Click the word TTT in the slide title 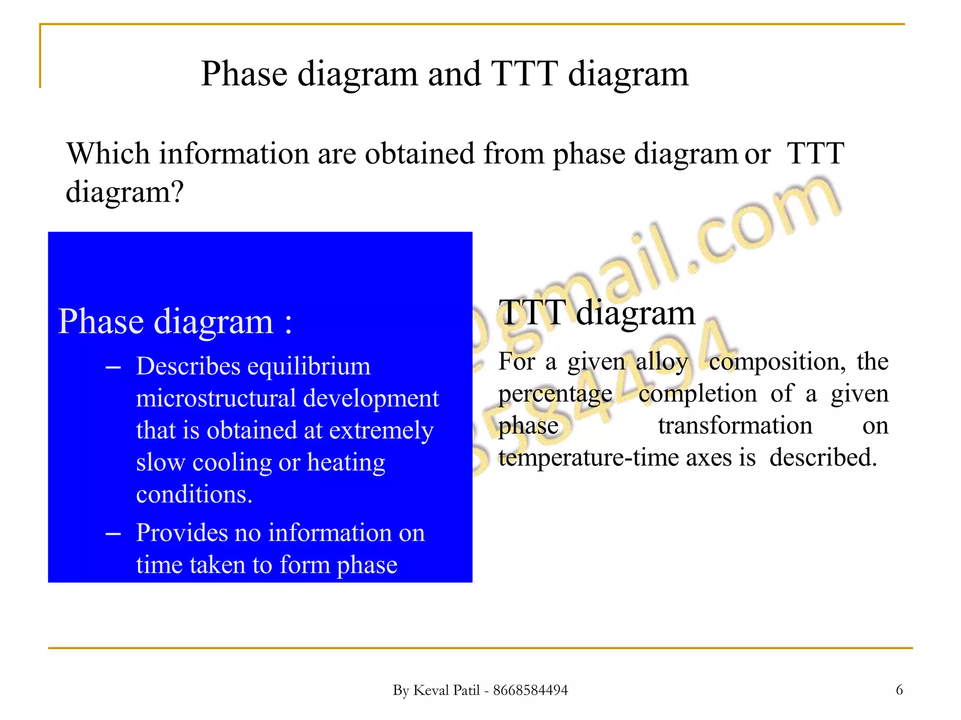524,74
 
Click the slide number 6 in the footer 899,690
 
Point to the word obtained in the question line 419,153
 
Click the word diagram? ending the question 124,192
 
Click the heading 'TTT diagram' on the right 596,313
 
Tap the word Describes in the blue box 187,366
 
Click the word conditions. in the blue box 194,495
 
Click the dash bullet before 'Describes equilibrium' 113,367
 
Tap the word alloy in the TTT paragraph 662,362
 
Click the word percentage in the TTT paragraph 555,394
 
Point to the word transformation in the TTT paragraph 735,426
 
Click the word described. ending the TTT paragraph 823,457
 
